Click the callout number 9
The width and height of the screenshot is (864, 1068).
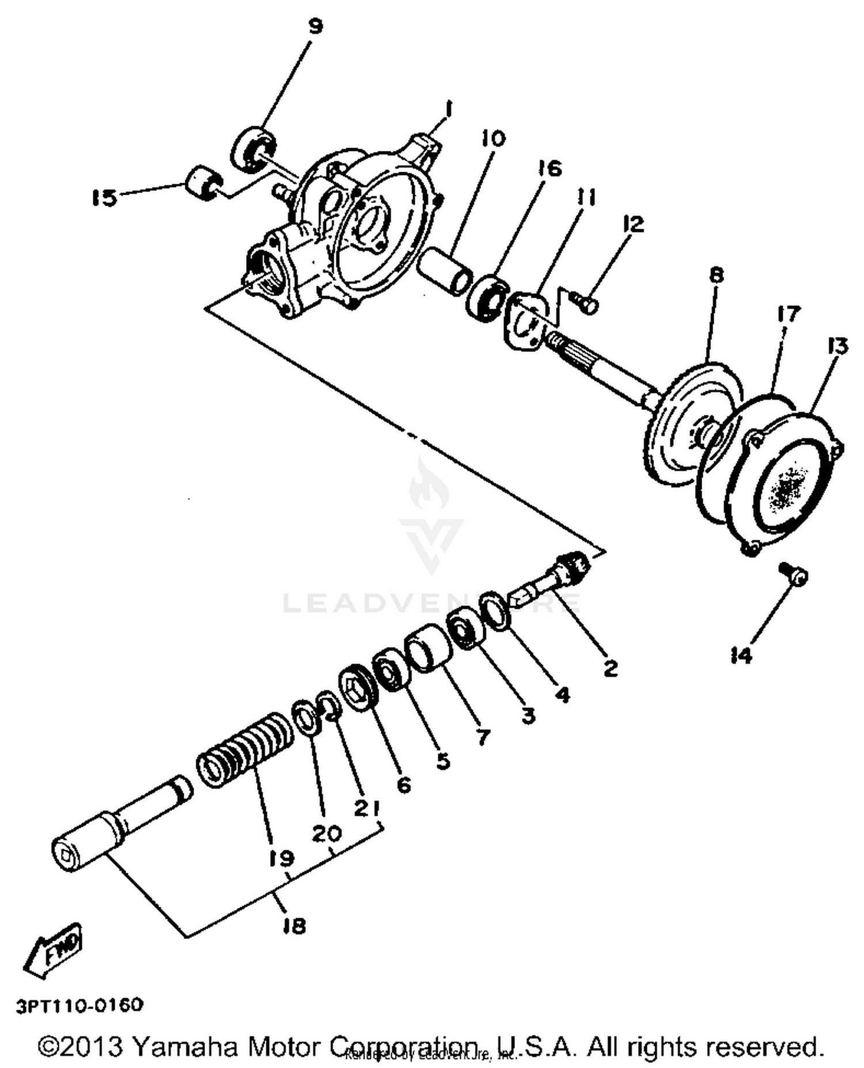tap(315, 26)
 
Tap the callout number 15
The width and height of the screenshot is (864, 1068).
tap(104, 198)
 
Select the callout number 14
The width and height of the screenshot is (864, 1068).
tap(741, 655)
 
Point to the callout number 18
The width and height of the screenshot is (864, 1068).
tap(294, 926)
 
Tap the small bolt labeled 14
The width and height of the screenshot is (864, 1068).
tap(795, 574)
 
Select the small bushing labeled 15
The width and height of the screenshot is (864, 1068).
tap(202, 183)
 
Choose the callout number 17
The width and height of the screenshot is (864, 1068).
tap(789, 315)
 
